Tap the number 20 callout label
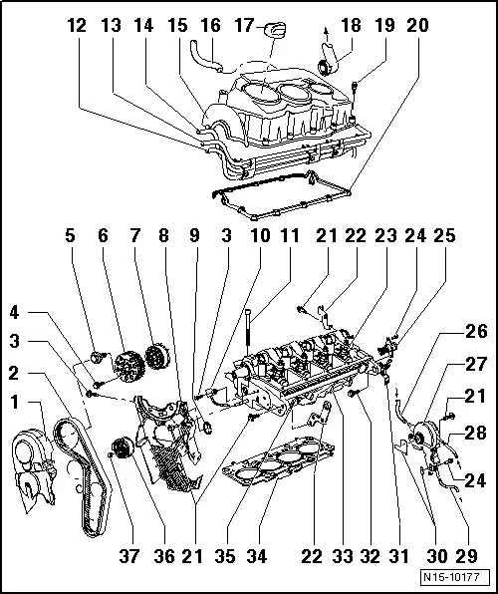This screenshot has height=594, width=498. [417, 26]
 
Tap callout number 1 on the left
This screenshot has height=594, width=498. [13, 403]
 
